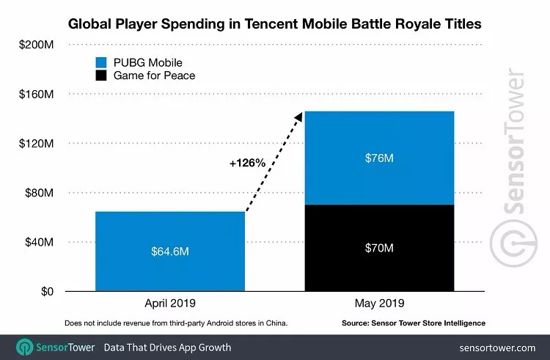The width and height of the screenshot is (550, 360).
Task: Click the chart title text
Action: [274, 23]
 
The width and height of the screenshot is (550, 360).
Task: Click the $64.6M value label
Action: [169, 252]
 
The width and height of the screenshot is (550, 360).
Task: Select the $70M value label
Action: [378, 248]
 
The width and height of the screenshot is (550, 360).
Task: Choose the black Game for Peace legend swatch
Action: [100, 75]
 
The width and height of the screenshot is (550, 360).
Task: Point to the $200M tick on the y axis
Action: [36, 45]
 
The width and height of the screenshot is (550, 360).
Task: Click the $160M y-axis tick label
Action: [36, 94]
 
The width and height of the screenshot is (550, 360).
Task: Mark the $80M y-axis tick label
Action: [38, 193]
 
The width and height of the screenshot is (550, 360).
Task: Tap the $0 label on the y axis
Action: [45, 291]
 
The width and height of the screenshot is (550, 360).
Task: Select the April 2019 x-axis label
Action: [169, 304]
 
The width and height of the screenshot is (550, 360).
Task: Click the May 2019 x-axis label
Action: [378, 304]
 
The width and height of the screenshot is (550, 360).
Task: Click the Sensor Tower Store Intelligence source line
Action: [414, 323]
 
